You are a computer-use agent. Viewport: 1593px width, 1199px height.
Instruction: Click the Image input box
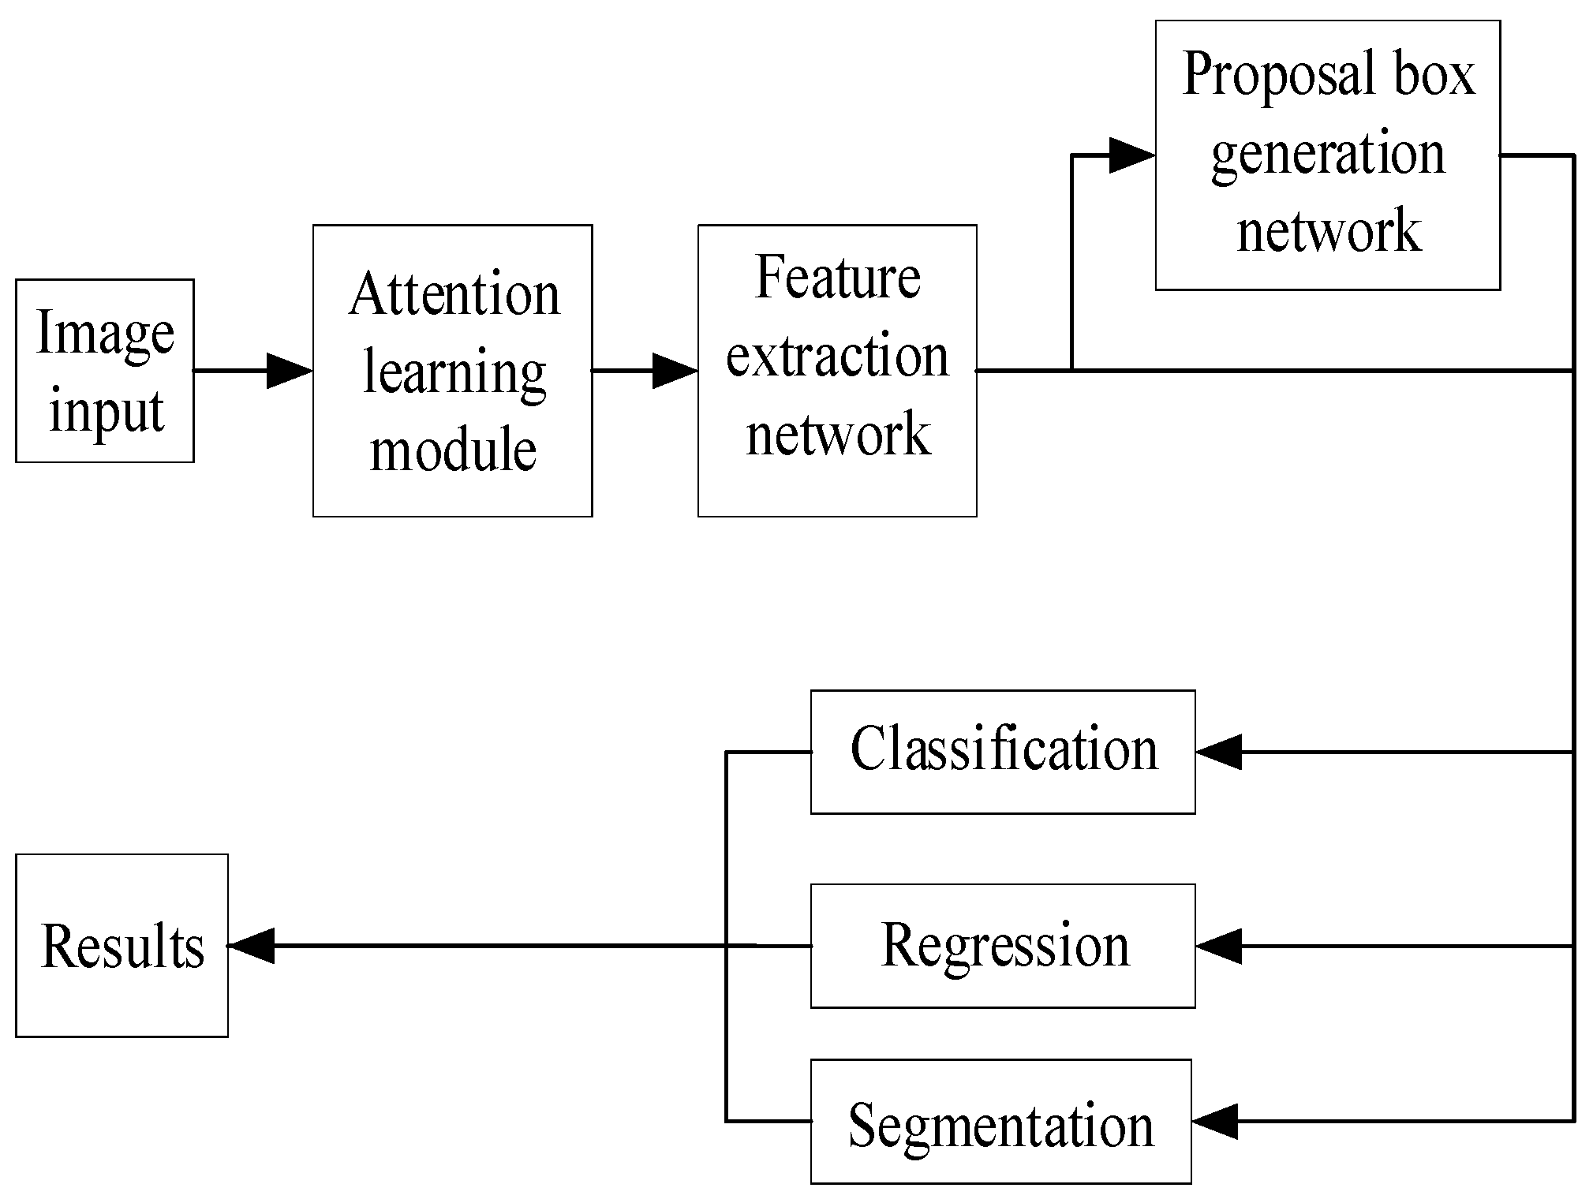tap(104, 370)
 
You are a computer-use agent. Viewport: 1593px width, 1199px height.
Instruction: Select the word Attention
tap(454, 294)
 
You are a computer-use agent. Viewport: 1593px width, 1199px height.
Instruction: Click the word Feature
tap(837, 278)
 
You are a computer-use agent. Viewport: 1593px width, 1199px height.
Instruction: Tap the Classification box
tap(1003, 751)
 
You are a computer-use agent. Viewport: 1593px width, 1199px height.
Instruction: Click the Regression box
tap(1003, 945)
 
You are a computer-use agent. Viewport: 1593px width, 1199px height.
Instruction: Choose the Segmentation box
tap(1000, 1122)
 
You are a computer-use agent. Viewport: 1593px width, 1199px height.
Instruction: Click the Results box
tap(122, 945)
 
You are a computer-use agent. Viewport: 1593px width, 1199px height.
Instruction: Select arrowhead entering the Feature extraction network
tap(675, 371)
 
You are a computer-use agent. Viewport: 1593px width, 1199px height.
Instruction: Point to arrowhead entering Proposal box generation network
tap(1132, 155)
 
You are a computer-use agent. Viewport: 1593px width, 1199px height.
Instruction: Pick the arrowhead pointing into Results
tap(252, 945)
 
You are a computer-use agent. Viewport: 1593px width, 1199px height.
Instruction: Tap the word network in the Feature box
tap(838, 434)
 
